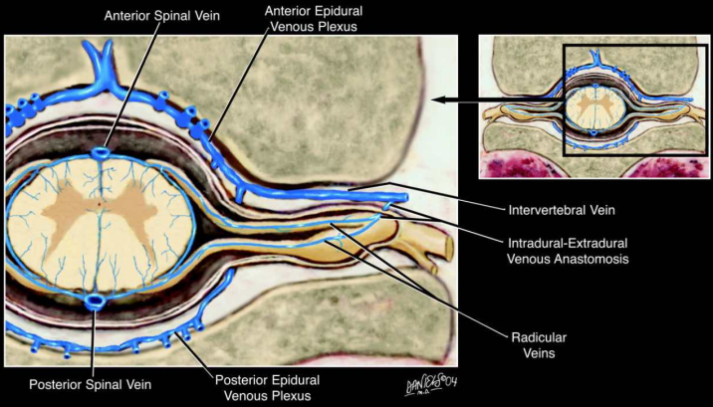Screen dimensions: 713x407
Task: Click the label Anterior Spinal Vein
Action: [162, 16]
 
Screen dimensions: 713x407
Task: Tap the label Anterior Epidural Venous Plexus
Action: [314, 18]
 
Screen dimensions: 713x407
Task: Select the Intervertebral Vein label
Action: [561, 210]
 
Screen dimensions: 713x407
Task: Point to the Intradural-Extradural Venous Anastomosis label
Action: [567, 251]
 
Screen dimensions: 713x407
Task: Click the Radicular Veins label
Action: [539, 345]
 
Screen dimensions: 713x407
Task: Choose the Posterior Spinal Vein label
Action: [90, 384]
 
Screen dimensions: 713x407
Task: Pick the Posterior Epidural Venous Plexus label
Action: [267, 387]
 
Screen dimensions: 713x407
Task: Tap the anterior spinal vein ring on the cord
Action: [101, 152]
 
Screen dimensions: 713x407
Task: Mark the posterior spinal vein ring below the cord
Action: [96, 302]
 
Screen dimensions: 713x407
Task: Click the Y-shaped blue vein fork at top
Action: [102, 68]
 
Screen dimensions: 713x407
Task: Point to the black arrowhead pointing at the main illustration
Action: [438, 100]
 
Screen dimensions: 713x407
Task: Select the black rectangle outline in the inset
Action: [564, 100]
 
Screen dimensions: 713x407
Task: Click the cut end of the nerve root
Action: [449, 249]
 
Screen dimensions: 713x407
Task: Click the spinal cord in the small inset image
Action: [594, 108]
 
